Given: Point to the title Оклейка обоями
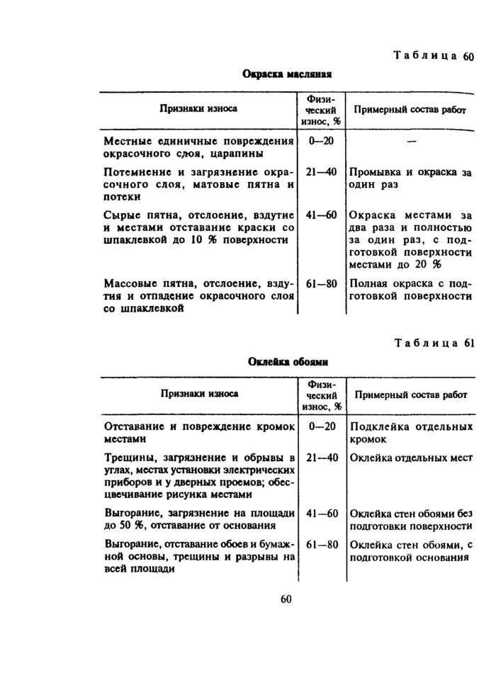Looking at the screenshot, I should pos(288,361).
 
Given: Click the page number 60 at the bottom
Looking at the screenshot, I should pos(286,599).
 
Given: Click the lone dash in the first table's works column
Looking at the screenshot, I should pos(412,142).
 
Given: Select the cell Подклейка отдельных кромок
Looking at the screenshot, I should pos(411,433).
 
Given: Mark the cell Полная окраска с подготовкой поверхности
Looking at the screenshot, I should pos(411,290).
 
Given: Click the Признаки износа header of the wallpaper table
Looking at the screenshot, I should pos(198,394).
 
